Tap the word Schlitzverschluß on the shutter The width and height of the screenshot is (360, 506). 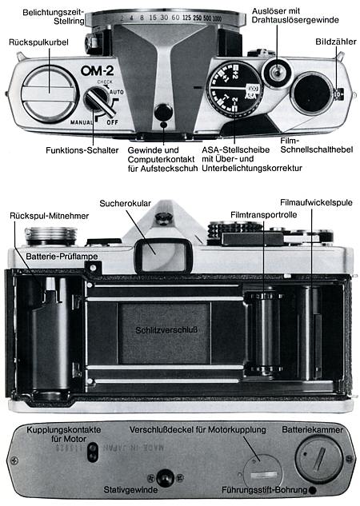tap(163, 330)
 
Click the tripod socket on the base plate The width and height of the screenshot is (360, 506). tap(164, 477)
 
